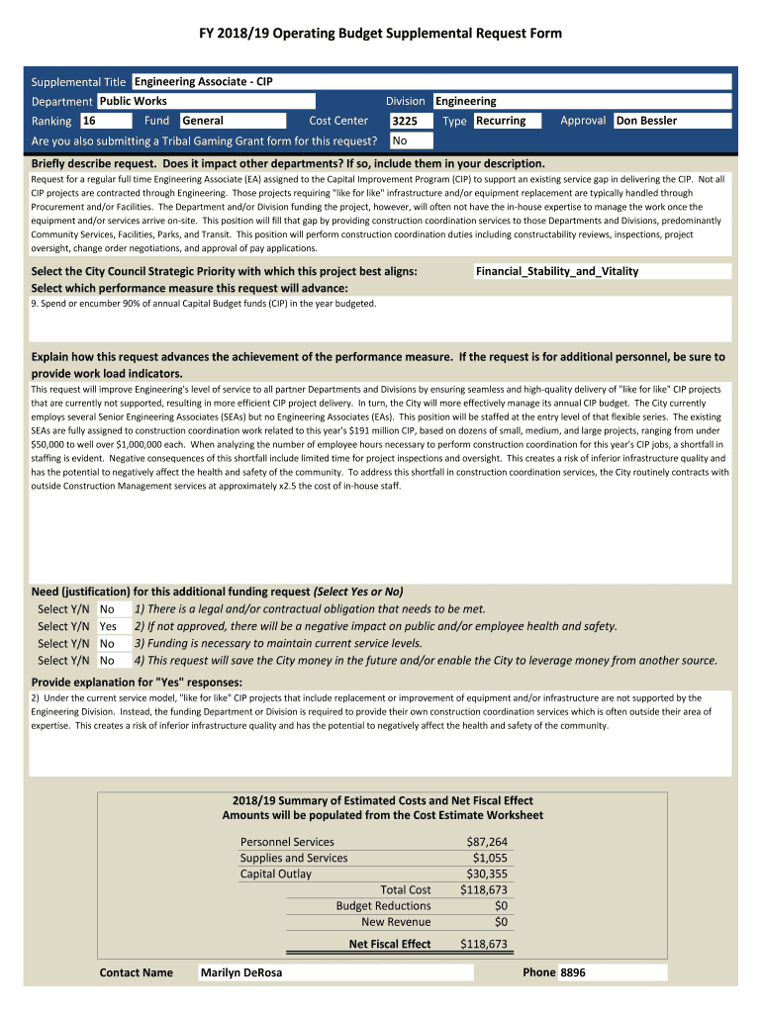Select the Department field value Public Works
[206, 101]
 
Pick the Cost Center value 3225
[411, 122]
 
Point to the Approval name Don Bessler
[672, 121]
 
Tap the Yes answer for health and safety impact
[108, 626]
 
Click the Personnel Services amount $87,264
[487, 842]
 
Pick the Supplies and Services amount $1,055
[490, 858]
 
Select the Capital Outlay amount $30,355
[487, 874]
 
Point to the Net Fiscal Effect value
[484, 944]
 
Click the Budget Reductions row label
[383, 905]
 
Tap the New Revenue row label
[396, 921]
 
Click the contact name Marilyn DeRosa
[241, 972]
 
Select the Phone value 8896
[573, 972]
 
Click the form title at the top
[381, 34]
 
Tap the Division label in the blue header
[406, 101]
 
